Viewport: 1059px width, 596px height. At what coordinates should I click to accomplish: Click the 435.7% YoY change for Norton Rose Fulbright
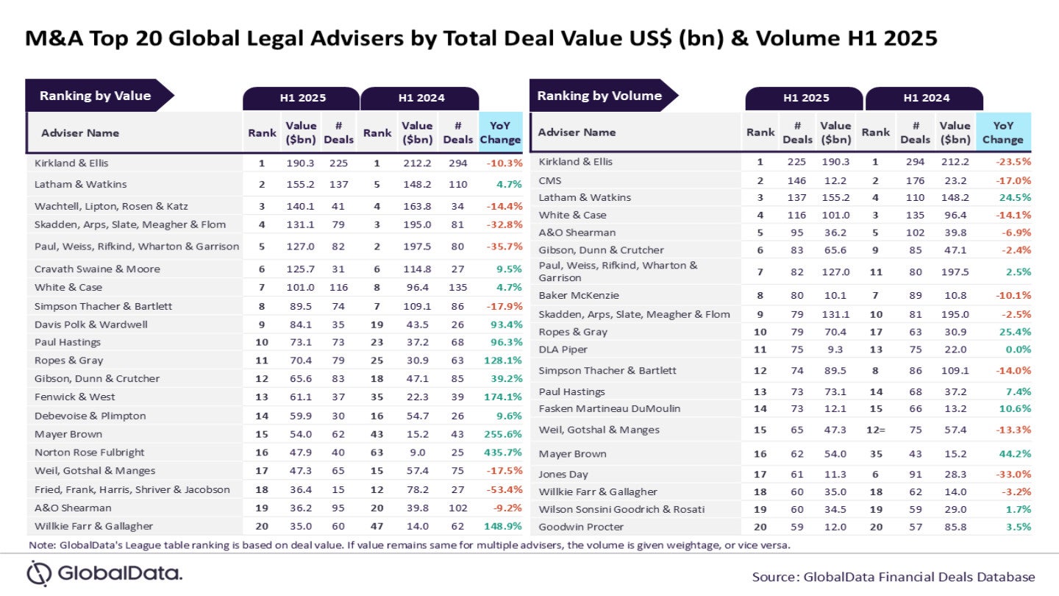click(501, 453)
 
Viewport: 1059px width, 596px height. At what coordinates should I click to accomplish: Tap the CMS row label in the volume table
click(551, 180)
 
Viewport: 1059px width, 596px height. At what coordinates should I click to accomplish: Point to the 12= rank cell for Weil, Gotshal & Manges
click(876, 430)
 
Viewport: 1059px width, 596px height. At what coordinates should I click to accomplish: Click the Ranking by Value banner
click(96, 96)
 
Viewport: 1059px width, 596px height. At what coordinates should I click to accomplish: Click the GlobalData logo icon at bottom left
click(39, 573)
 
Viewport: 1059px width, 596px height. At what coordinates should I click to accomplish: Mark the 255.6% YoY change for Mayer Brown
click(501, 434)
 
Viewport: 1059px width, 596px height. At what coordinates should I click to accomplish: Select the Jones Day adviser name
click(563, 475)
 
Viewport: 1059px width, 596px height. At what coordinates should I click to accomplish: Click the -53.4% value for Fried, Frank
click(501, 489)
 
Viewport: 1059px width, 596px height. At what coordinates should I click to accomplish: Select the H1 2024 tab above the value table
click(421, 98)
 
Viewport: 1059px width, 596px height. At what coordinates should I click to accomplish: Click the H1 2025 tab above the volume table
click(805, 98)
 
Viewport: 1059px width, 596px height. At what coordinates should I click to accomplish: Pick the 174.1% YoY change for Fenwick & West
click(501, 397)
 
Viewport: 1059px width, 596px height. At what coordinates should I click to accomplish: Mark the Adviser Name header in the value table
click(79, 133)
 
